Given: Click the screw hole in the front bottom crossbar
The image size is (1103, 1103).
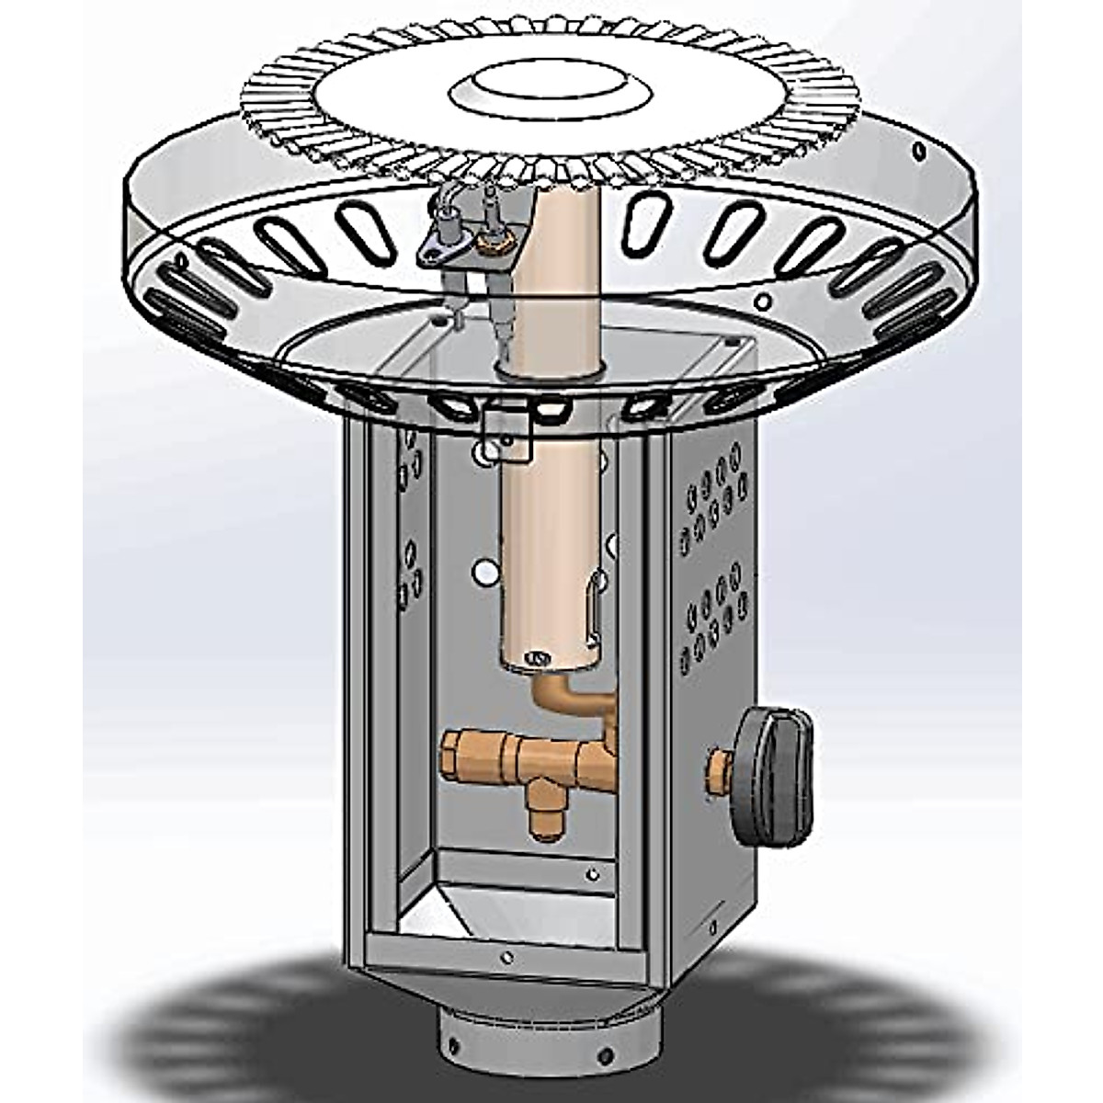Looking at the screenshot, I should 506,956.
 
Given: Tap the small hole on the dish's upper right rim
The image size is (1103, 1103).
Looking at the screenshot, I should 916,149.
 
